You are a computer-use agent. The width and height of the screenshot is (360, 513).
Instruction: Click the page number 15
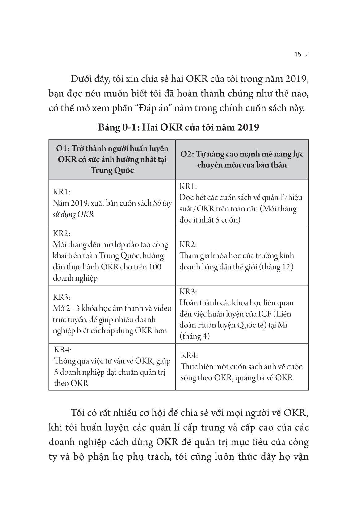click(298, 55)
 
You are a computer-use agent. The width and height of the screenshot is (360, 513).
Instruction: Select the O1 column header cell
click(112, 159)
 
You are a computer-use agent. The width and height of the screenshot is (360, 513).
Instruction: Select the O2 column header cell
click(242, 159)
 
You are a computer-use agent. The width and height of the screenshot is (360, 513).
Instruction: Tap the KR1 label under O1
click(62, 192)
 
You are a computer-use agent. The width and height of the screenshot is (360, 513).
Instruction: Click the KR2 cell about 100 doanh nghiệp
click(112, 256)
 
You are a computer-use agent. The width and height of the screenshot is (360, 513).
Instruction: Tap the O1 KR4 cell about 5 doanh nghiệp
click(112, 366)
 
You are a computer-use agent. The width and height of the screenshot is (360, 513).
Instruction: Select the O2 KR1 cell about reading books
click(242, 203)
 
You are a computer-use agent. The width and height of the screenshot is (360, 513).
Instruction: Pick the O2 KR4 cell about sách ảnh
click(242, 366)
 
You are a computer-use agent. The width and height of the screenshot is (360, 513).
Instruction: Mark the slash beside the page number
click(306, 55)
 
